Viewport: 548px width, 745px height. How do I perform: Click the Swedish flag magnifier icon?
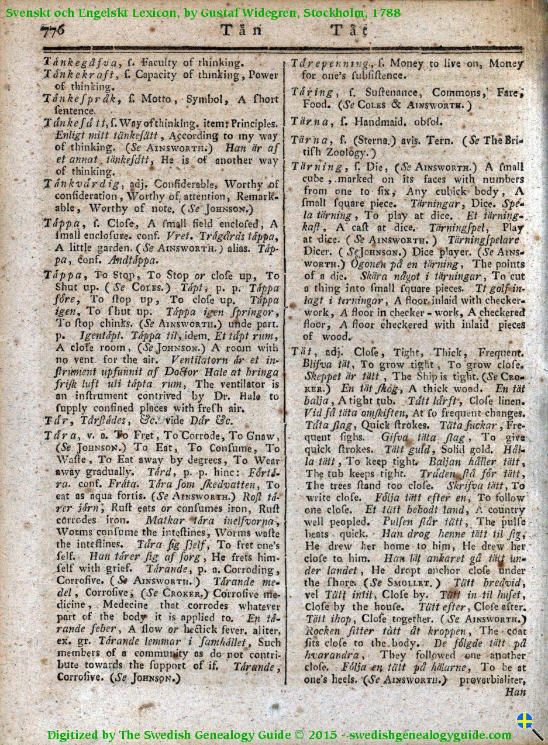point(529,726)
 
